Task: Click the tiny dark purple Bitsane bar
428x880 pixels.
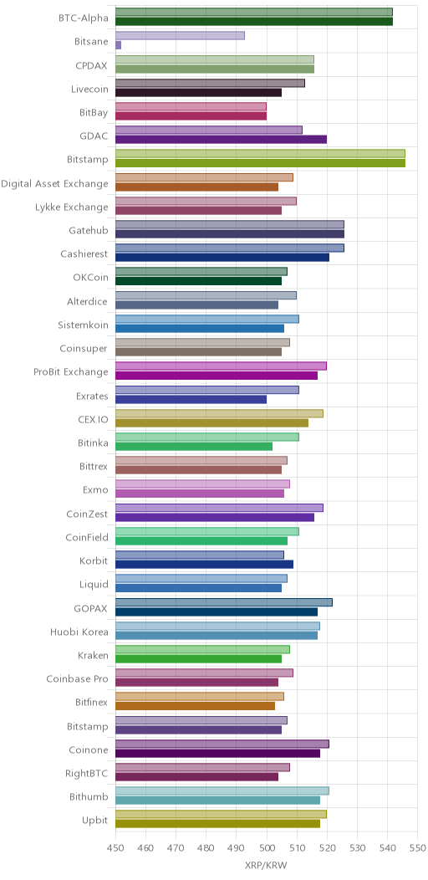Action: coord(119,45)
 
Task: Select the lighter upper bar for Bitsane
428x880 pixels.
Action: coord(180,36)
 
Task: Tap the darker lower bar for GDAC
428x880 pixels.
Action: coord(221,140)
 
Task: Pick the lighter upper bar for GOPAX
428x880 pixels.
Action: coord(224,603)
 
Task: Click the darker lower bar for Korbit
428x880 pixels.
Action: coord(204,565)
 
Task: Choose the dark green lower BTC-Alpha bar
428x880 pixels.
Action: coord(254,22)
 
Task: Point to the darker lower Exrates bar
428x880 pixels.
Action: coord(191,400)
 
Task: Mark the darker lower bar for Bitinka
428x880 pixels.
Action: coord(194,447)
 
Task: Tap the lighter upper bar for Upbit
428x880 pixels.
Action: coord(221,815)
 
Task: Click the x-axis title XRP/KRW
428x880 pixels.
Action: coord(266,866)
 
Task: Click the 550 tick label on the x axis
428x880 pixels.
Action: coord(417,847)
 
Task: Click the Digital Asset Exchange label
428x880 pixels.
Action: coord(54,183)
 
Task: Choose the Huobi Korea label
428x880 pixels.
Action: coord(79,632)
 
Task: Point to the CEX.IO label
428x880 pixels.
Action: coord(93,419)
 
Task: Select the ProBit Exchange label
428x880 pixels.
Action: coord(71,372)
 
